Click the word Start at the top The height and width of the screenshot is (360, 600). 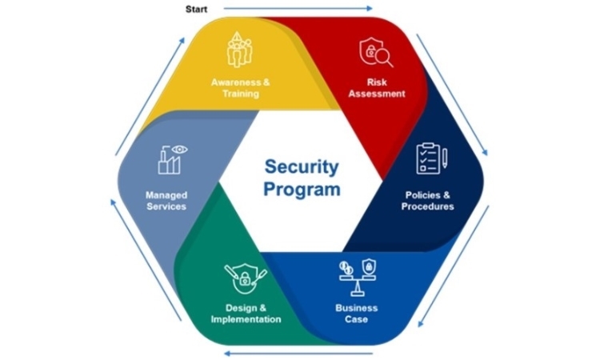(x=196, y=9)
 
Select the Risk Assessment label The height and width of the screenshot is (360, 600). (x=377, y=88)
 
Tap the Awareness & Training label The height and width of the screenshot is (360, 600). (x=240, y=88)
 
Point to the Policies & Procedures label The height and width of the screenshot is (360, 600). (x=427, y=201)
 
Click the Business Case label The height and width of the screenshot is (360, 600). (x=356, y=314)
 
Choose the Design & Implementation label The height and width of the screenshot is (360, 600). (x=246, y=314)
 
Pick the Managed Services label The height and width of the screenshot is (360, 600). (x=166, y=201)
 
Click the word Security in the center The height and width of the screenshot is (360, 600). (x=302, y=167)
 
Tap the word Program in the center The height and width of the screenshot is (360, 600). (x=302, y=190)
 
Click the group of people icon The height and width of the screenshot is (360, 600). (x=239, y=53)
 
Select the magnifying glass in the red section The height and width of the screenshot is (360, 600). (x=383, y=58)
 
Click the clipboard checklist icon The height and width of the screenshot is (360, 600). (x=428, y=158)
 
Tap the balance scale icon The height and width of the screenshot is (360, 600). (x=358, y=278)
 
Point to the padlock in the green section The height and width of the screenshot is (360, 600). (x=245, y=279)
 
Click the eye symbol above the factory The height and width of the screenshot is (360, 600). (x=179, y=150)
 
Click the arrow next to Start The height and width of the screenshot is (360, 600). (x=298, y=9)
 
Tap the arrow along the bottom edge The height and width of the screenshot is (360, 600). (x=298, y=353)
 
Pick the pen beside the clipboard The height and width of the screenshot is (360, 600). (x=445, y=158)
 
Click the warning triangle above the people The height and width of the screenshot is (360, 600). (x=238, y=37)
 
